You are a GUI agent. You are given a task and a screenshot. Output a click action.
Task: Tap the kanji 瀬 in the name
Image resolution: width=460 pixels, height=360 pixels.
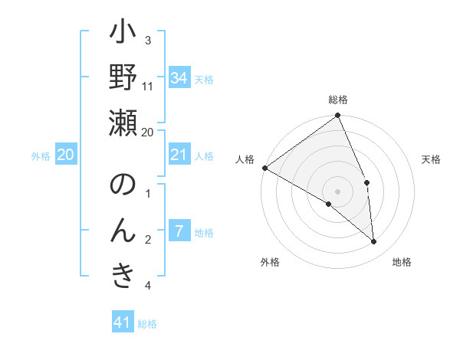pyautogui.click(x=123, y=123)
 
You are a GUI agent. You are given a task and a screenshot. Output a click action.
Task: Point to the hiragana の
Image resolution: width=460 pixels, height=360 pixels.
pyautogui.click(x=123, y=185)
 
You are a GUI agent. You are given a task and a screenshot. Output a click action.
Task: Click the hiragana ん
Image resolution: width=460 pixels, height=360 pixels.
pyautogui.click(x=123, y=230)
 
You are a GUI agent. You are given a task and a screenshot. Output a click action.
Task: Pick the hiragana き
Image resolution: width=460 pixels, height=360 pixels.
pyautogui.click(x=123, y=274)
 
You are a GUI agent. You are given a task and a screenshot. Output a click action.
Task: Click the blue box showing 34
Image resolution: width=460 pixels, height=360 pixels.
pyautogui.click(x=179, y=77)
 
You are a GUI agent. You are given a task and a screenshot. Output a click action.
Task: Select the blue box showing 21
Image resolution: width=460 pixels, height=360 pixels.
pyautogui.click(x=179, y=155)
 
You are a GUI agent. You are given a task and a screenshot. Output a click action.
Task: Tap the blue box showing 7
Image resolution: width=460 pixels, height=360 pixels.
pyautogui.click(x=179, y=231)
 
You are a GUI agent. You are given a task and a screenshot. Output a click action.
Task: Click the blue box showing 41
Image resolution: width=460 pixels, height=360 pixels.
pyautogui.click(x=123, y=322)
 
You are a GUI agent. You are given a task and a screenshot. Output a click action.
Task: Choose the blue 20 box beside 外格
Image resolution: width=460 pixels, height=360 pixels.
pyautogui.click(x=65, y=155)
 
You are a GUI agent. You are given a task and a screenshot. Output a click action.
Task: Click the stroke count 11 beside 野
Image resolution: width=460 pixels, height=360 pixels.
pyautogui.click(x=148, y=86)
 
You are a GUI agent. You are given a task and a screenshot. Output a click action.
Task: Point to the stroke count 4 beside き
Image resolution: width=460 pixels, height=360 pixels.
pyautogui.click(x=148, y=286)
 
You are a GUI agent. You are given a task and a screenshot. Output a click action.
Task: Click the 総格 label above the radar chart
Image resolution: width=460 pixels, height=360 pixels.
pyautogui.click(x=338, y=100)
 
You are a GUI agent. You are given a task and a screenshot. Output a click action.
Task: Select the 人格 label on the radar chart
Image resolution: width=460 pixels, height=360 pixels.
pyautogui.click(x=245, y=159)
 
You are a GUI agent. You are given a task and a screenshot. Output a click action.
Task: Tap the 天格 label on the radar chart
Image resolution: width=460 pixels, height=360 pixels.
pyautogui.click(x=432, y=159)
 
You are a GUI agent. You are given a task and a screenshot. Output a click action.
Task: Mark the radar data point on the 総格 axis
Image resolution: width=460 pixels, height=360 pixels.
pyautogui.click(x=338, y=116)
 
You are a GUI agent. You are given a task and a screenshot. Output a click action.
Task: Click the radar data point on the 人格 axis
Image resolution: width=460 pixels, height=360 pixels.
pyautogui.click(x=264, y=168)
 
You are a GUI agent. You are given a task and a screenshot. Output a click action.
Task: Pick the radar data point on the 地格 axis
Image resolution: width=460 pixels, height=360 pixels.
pyautogui.click(x=374, y=242)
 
